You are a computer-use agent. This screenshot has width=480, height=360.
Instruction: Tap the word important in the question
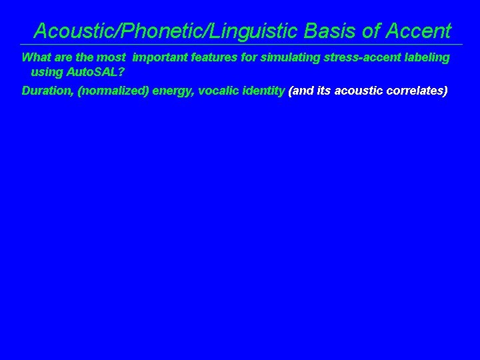[x=160, y=57]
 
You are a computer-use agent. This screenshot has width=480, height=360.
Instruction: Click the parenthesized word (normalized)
[x=113, y=91]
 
